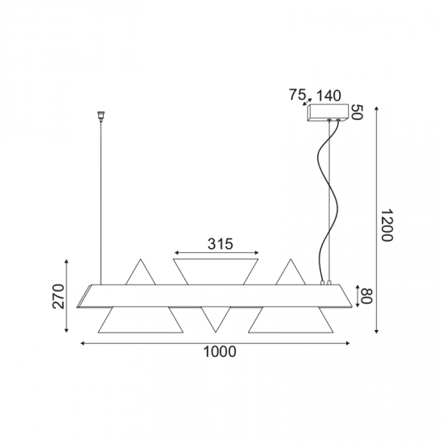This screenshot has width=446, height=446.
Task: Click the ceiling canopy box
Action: pyautogui.click(x=330, y=112)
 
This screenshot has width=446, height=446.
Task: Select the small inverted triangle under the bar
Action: pyautogui.click(x=215, y=319)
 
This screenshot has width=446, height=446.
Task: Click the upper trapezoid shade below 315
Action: pyautogui.click(x=217, y=270)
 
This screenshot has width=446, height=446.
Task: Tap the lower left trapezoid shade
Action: pyautogui.click(x=139, y=319)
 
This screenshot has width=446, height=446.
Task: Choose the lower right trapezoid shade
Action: pyautogui.click(x=291, y=319)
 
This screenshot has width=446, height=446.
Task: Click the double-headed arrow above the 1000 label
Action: pyautogui.click(x=217, y=344)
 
